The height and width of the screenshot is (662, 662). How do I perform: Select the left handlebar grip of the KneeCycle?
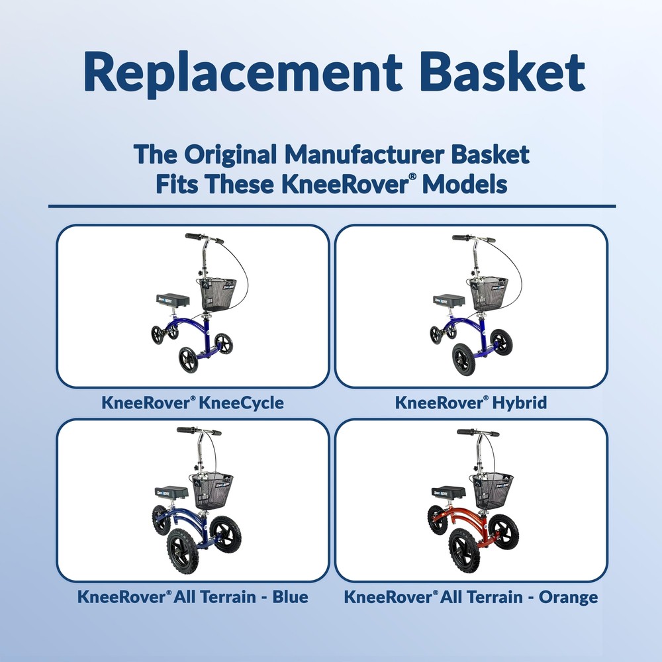[193, 236]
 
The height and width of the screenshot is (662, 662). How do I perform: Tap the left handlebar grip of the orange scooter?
[466, 432]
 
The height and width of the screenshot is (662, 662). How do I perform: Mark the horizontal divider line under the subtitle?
[331, 206]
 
